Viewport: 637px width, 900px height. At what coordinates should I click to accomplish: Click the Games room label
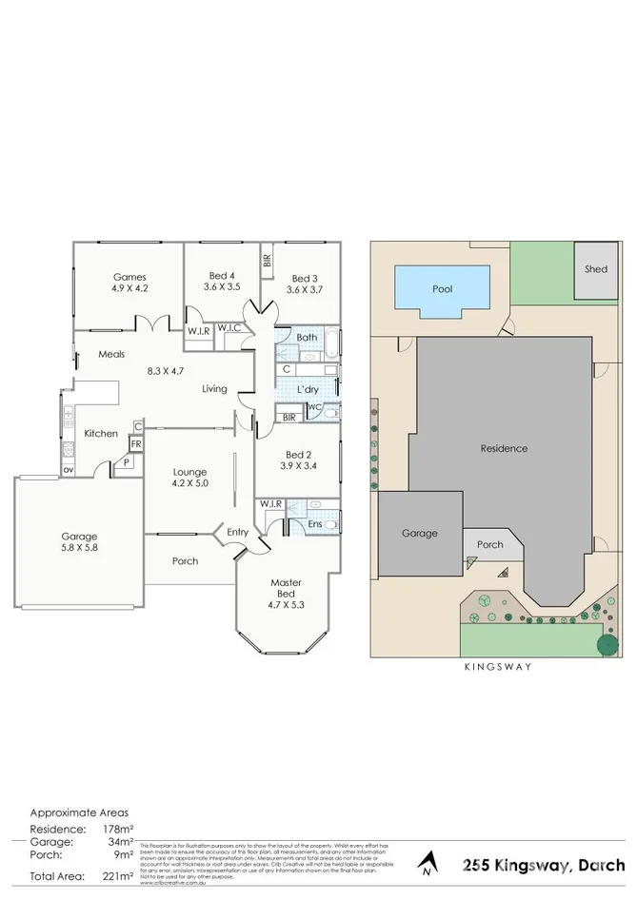(x=129, y=277)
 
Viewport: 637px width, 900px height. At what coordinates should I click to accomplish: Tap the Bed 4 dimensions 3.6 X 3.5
(x=222, y=286)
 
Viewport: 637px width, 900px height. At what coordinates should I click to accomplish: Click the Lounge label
(x=189, y=471)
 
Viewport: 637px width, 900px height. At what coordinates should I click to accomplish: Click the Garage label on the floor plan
(x=79, y=537)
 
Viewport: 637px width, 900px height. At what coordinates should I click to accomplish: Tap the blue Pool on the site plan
(x=442, y=288)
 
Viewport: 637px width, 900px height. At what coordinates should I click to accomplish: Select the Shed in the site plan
(x=595, y=269)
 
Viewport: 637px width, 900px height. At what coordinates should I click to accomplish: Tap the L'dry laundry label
(x=307, y=390)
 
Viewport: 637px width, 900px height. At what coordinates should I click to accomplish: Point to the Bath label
(x=307, y=337)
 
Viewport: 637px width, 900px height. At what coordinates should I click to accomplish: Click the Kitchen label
(x=101, y=433)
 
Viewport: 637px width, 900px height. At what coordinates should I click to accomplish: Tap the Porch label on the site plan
(x=489, y=544)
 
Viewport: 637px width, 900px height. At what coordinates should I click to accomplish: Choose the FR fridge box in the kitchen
(x=136, y=443)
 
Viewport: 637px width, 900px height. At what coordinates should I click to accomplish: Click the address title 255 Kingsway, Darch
(x=544, y=865)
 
